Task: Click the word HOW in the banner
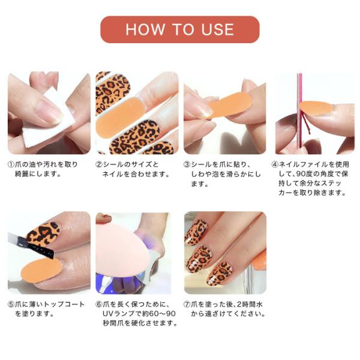(145, 29)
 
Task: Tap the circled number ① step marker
(11, 164)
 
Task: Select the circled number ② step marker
(99, 164)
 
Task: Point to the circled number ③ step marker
(187, 164)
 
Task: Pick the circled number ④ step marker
(275, 164)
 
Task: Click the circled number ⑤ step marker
(11, 304)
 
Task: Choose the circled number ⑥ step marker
(99, 304)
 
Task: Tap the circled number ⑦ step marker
(187, 304)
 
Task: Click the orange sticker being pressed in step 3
(230, 105)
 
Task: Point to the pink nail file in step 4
(299, 113)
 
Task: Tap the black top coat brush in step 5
(31, 245)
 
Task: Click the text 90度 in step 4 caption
(308, 174)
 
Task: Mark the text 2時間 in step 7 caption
(247, 304)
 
